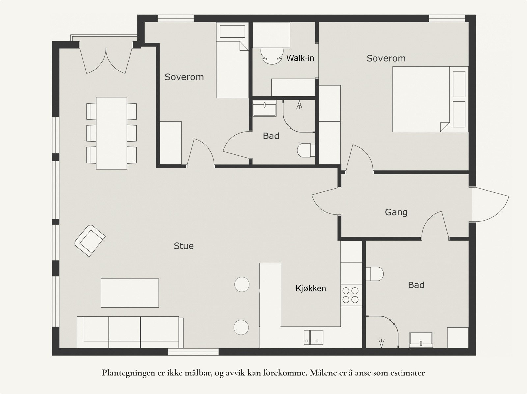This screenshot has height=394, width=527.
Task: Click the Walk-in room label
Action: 300,58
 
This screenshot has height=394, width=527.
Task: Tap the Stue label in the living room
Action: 184,246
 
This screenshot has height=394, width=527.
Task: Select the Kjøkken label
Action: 311,288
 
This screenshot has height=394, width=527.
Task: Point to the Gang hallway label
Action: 396,212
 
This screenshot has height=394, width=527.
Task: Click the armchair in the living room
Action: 90,241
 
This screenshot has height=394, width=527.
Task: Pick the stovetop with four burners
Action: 350,295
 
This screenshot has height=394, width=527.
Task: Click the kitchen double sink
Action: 314,337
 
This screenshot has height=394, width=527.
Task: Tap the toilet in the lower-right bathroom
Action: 374,274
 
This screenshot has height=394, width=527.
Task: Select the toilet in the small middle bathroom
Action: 306,150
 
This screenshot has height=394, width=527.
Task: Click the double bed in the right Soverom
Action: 430,99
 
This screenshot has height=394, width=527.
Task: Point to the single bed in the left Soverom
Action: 232,60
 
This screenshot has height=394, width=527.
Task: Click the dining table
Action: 111,133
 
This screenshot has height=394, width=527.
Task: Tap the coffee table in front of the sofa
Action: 130,293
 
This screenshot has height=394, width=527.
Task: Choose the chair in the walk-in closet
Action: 272,56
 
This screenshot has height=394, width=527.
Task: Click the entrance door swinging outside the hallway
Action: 490,204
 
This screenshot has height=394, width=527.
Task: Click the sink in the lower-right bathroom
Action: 421,340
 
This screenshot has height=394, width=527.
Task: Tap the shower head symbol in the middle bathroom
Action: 299,105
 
